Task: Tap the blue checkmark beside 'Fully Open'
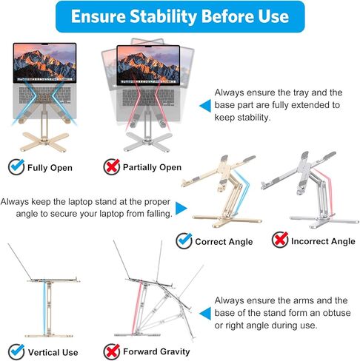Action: tap(16, 166)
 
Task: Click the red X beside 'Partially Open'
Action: tap(111, 166)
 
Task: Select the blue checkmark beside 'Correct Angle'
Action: tap(184, 240)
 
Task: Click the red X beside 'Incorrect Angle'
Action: tap(280, 240)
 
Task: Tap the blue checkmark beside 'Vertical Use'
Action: tap(16, 351)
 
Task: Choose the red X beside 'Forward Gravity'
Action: tap(111, 351)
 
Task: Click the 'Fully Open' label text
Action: tap(50, 167)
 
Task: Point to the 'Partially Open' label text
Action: tap(152, 167)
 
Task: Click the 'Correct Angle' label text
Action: tap(224, 241)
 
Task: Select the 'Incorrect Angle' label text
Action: tap(323, 241)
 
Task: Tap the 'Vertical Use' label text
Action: tap(53, 351)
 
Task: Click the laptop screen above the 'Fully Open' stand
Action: tap(44, 63)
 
